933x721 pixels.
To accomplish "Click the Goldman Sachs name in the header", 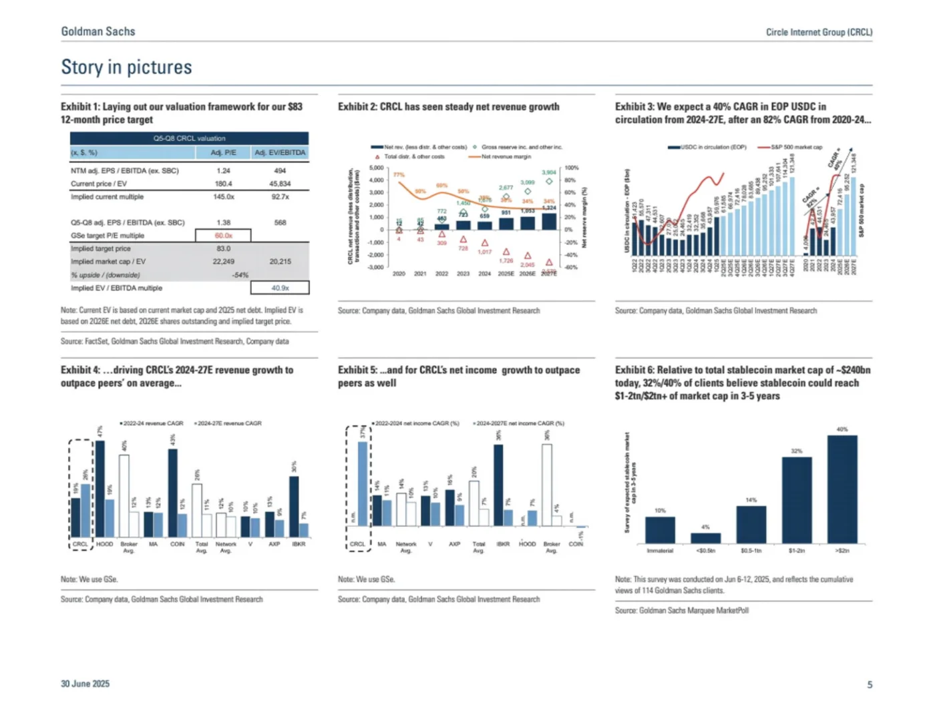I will [x=98, y=31].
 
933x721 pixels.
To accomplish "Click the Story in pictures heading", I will [x=126, y=67].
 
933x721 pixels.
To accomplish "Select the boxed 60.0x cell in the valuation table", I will [x=223, y=236].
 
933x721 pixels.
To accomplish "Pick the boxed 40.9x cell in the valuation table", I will [x=280, y=288].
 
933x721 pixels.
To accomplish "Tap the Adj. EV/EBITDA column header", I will [x=280, y=153].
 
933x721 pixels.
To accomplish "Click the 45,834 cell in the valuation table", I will [x=280, y=184].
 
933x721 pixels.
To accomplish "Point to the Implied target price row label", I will [x=101, y=248].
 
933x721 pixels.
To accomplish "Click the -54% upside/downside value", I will [x=240, y=275].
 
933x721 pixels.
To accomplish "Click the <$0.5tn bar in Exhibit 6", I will [x=705, y=537].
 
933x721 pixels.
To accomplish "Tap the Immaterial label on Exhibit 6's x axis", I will [x=660, y=551].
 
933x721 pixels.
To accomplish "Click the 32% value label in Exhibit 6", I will [x=797, y=451].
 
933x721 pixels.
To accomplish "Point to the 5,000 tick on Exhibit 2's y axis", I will [x=376, y=168].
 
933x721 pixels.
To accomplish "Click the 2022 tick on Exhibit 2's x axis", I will [x=441, y=274].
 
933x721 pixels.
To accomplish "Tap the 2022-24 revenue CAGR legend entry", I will [x=153, y=423].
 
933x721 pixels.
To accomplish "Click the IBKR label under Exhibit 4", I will [x=299, y=544].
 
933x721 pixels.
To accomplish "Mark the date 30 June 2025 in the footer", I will [x=85, y=684].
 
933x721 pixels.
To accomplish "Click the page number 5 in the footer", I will [x=870, y=684].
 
